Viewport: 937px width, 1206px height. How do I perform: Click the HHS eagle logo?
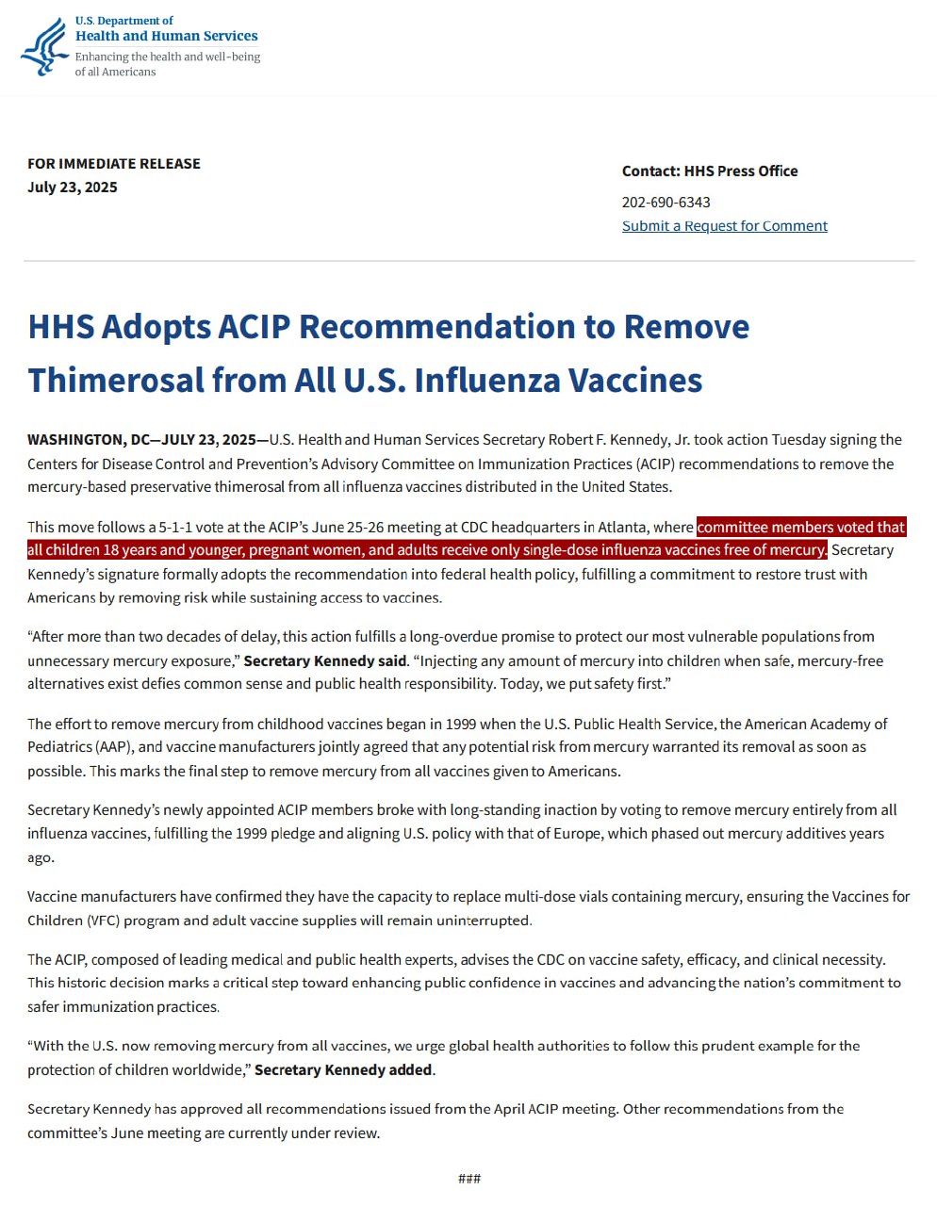click(x=44, y=46)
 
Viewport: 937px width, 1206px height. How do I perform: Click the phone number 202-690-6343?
click(x=666, y=202)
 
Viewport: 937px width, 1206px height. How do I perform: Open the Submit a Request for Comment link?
click(x=724, y=226)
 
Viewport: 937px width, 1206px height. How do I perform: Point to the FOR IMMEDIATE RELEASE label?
click(x=113, y=163)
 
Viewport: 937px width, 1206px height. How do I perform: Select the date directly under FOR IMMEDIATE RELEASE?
click(x=72, y=187)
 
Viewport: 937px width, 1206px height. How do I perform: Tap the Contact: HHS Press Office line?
click(x=709, y=171)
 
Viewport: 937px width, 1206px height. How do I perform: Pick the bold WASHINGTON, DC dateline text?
click(x=88, y=439)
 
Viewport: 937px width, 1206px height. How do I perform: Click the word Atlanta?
click(x=621, y=527)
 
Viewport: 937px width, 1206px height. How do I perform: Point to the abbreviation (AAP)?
click(x=113, y=747)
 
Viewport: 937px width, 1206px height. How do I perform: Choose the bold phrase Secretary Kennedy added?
click(x=344, y=1069)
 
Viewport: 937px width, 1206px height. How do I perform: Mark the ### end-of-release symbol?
click(x=468, y=1179)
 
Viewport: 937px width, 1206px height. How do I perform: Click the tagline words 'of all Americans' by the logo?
click(x=115, y=72)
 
